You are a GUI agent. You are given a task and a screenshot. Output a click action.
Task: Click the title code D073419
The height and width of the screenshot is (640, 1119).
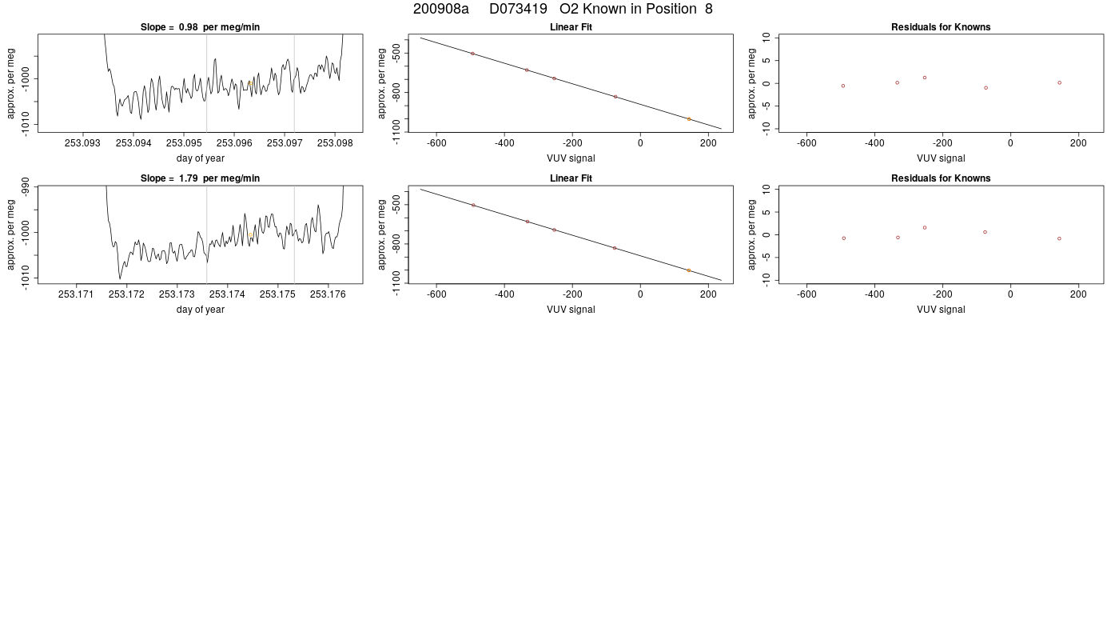pyautogui.click(x=518, y=9)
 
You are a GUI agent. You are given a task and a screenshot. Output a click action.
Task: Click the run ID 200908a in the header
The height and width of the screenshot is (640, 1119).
pyautogui.click(x=440, y=9)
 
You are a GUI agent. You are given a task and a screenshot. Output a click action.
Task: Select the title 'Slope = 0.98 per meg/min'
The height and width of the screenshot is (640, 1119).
pyautogui.click(x=200, y=27)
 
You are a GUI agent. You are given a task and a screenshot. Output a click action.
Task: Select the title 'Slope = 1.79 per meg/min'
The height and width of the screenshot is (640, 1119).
pyautogui.click(x=200, y=178)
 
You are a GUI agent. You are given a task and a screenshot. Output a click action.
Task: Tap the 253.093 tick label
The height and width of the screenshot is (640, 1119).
pyautogui.click(x=82, y=143)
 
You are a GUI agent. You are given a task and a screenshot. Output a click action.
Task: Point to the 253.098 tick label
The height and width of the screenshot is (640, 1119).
pyautogui.click(x=335, y=143)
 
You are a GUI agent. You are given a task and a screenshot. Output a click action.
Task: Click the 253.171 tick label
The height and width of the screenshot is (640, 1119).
pyautogui.click(x=76, y=294)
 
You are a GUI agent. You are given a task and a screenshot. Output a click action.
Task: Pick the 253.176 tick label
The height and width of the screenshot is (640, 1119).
pyautogui.click(x=328, y=294)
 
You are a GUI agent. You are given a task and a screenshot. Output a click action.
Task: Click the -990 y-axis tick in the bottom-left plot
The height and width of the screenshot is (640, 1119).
pyautogui.click(x=25, y=186)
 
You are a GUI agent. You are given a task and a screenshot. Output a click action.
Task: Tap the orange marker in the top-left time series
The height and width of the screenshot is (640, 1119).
pyautogui.click(x=249, y=83)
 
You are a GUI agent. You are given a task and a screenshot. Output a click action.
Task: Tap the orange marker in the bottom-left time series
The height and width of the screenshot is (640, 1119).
pyautogui.click(x=250, y=235)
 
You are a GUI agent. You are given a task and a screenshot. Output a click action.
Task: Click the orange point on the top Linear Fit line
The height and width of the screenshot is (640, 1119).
pyautogui.click(x=689, y=119)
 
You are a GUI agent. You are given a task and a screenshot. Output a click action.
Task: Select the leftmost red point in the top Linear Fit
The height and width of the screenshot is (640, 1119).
pyautogui.click(x=472, y=54)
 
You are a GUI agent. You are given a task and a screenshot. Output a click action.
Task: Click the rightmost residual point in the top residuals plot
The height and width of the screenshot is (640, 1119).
pyautogui.click(x=1060, y=82)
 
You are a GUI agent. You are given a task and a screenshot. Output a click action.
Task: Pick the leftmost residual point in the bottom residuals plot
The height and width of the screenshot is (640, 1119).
pyautogui.click(x=844, y=238)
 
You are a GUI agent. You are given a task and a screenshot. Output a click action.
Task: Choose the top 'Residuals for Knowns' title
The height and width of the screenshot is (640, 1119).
pyautogui.click(x=941, y=27)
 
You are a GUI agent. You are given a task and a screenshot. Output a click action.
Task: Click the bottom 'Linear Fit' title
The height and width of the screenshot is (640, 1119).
pyautogui.click(x=571, y=178)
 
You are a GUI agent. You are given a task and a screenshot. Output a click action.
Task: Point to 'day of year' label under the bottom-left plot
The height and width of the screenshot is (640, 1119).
pyautogui.click(x=201, y=310)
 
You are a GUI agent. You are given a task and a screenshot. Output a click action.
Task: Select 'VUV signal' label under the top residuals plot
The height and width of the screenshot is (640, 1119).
pyautogui.click(x=941, y=158)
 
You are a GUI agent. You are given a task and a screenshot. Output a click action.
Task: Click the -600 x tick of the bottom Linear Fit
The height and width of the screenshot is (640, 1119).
pyautogui.click(x=436, y=294)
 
